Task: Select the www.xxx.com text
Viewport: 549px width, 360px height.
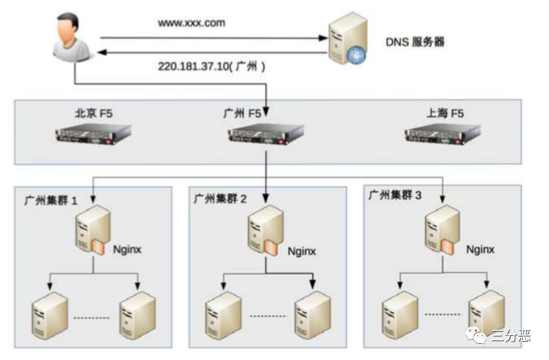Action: pyautogui.click(x=192, y=23)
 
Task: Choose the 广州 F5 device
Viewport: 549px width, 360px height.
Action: pyautogui.click(x=265, y=137)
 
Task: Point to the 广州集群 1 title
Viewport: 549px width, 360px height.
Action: pyautogui.click(x=51, y=200)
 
